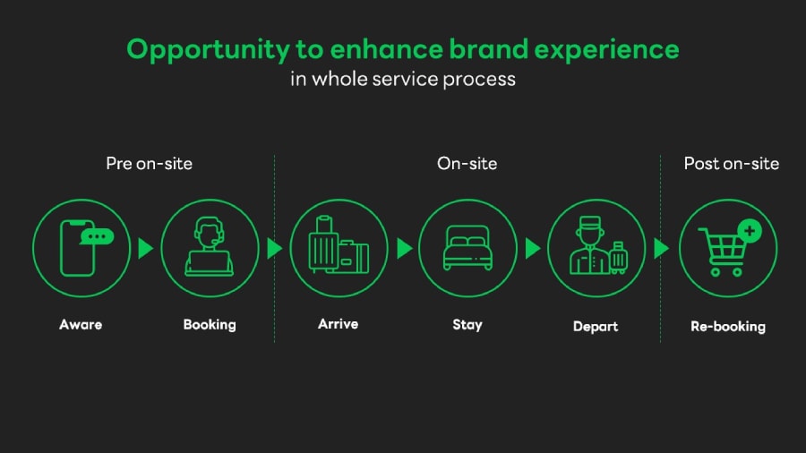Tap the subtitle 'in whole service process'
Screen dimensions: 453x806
coord(402,79)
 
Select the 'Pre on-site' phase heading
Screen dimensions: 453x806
coord(149,163)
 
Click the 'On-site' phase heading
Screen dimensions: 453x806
coord(467,163)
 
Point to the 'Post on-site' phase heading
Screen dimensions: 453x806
coord(731,163)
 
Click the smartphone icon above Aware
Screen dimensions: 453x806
coord(77,249)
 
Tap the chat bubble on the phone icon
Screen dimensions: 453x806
coord(98,237)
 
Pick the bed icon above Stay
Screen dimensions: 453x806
coord(467,248)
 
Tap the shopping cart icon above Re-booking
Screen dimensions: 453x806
coord(724,252)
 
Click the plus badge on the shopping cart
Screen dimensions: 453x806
coord(750,231)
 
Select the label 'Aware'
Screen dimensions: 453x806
coord(81,324)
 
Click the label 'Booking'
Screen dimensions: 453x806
coord(210,324)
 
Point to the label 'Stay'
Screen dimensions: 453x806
coord(467,324)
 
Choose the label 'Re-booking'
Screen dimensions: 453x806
coord(728,326)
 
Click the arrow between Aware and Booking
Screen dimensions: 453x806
coord(145,248)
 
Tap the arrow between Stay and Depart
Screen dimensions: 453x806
coord(532,248)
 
